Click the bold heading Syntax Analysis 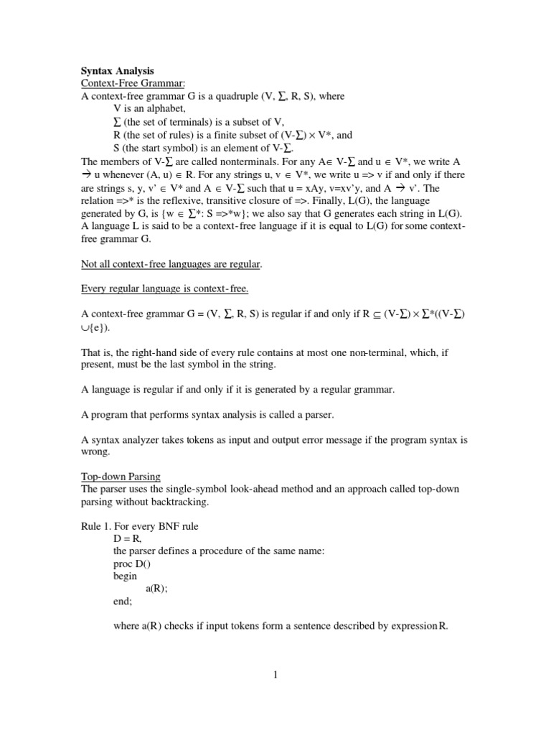pos(117,71)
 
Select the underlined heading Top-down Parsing pos(121,476)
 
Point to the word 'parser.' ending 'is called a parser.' pos(316,414)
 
